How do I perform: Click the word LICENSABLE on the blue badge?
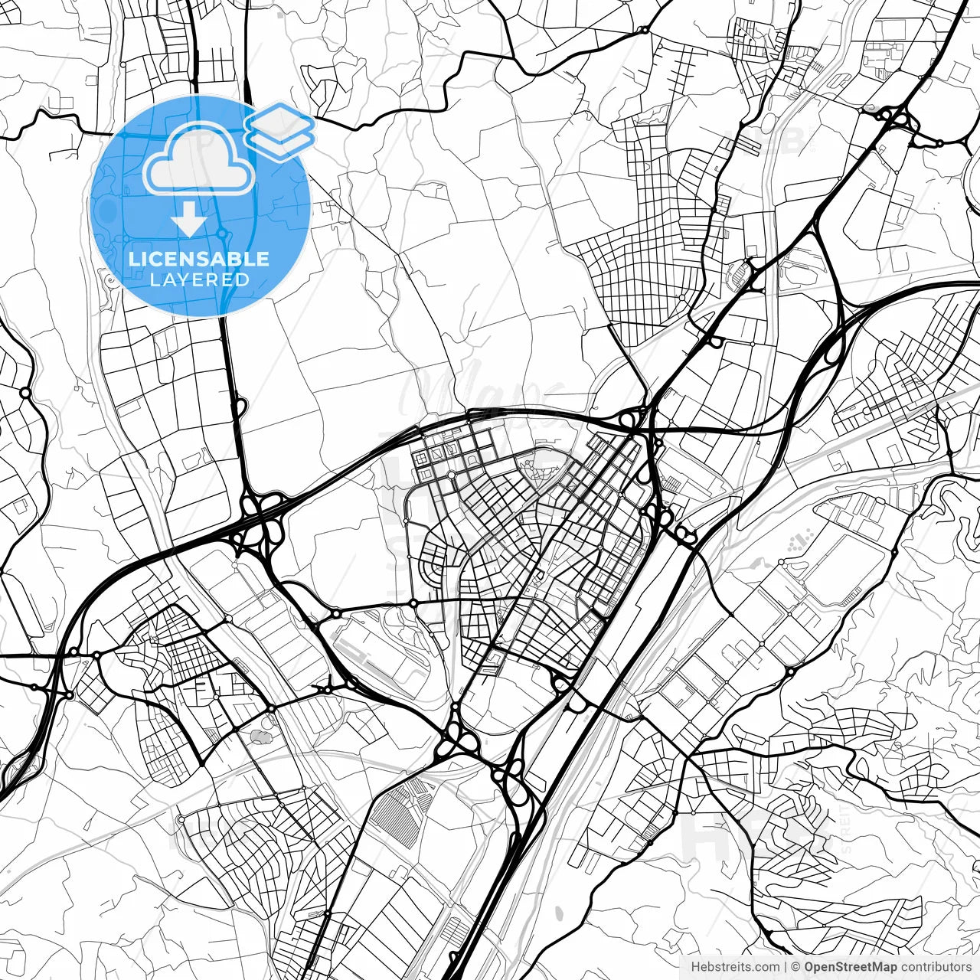199,259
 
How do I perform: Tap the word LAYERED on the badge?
199,279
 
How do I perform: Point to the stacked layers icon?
279,130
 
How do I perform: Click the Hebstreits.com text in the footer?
735,967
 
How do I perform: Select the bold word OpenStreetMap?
851,967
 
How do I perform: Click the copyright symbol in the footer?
796,967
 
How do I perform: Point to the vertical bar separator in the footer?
786,967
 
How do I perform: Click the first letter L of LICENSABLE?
132,259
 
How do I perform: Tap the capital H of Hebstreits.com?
695,967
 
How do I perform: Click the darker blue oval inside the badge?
106,211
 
